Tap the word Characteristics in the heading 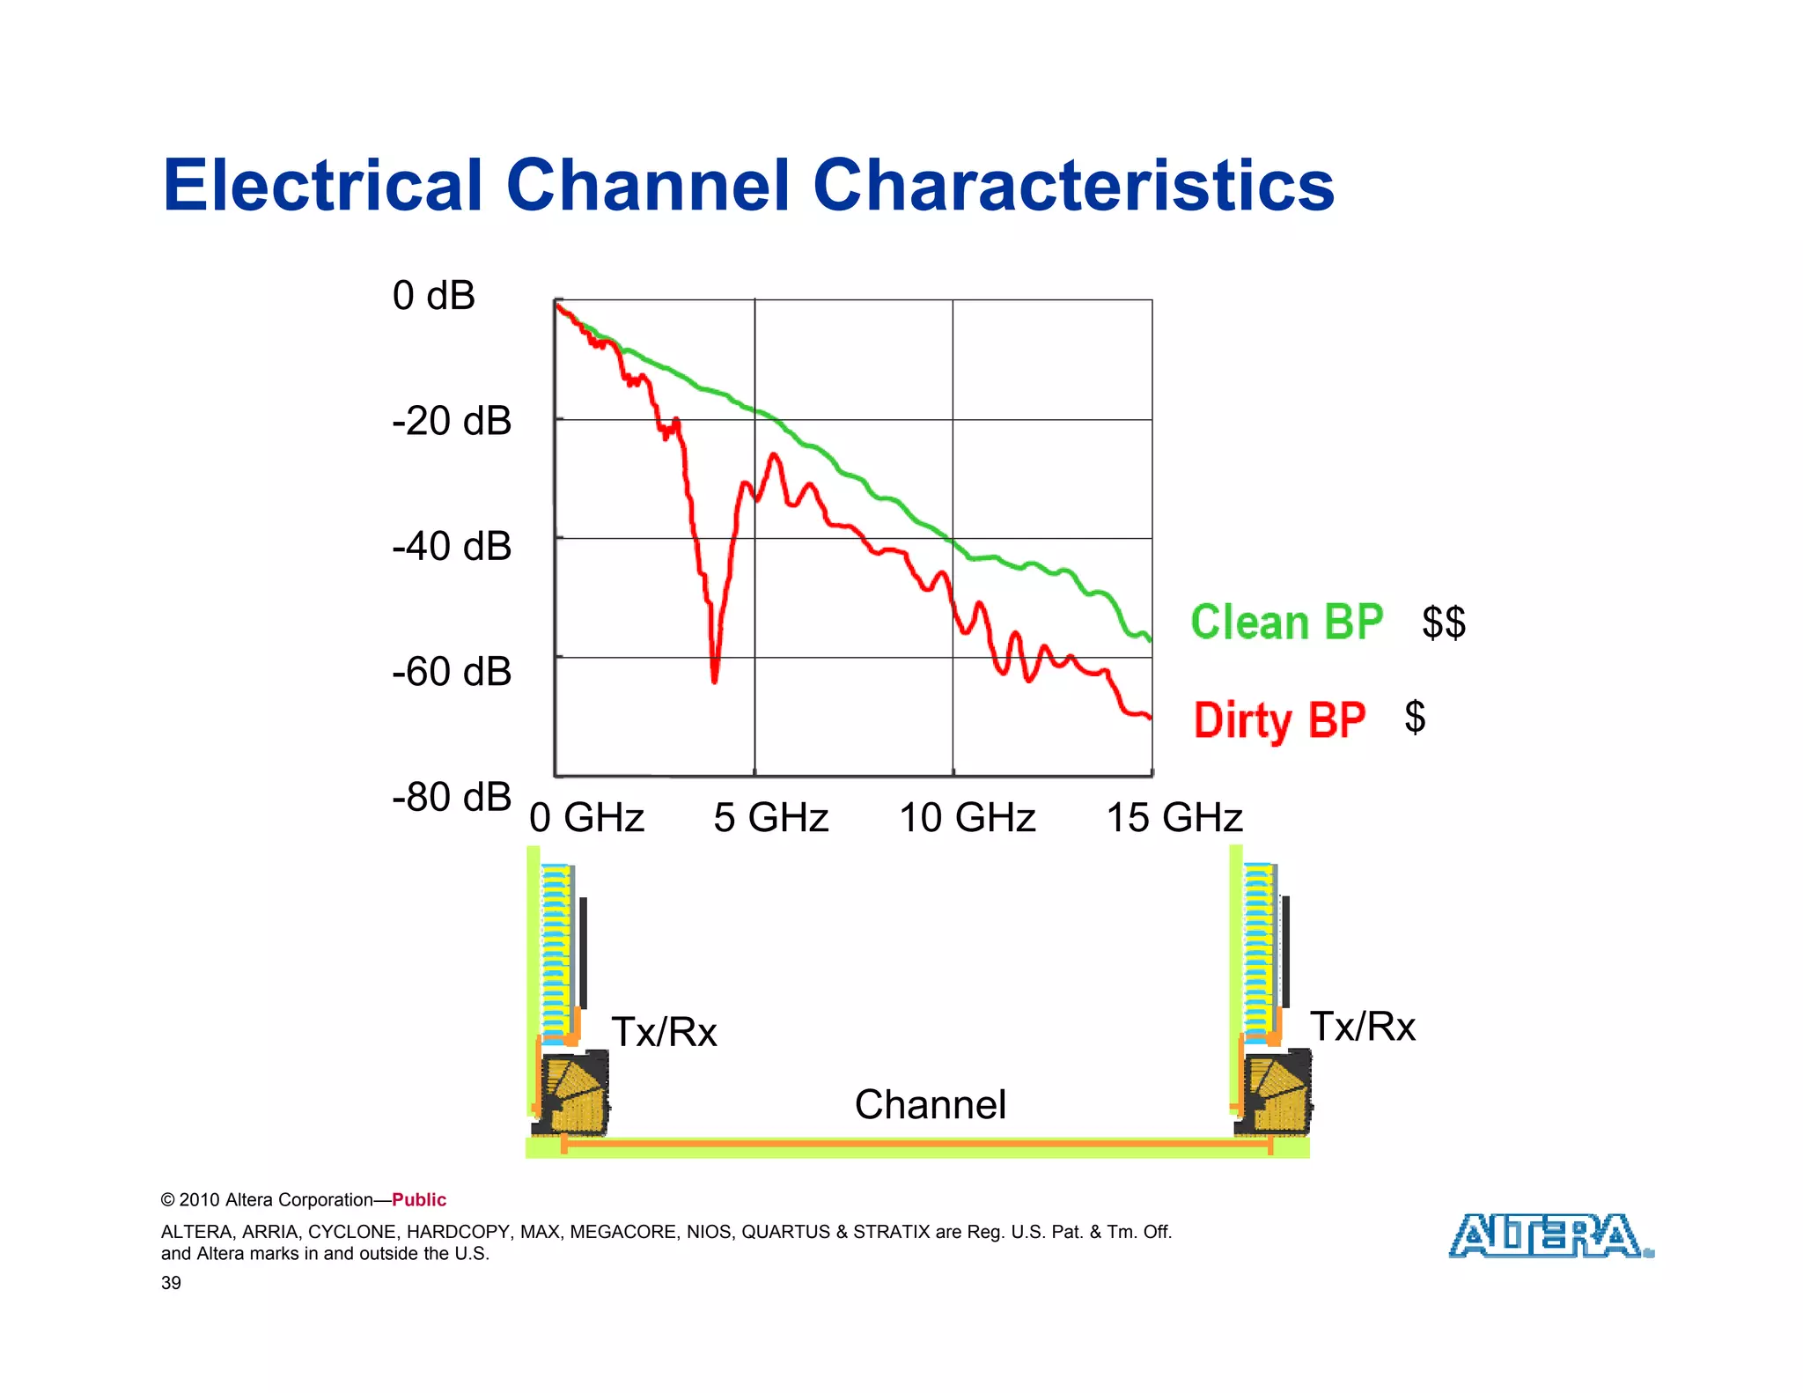point(1073,186)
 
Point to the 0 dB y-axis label point(433,296)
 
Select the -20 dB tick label point(452,422)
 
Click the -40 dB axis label point(452,547)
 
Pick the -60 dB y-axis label point(452,673)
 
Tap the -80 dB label point(452,798)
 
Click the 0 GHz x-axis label point(586,818)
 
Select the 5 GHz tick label point(770,818)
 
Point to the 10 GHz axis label point(967,818)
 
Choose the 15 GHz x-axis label point(1174,818)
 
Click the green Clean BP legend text point(1286,623)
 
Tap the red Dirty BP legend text point(1279,720)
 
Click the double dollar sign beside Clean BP point(1444,623)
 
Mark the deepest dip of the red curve point(714,680)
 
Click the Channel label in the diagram point(930,1105)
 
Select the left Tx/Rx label point(664,1032)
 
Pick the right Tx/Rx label point(1362,1027)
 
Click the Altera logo point(1550,1236)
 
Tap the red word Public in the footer point(419,1200)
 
